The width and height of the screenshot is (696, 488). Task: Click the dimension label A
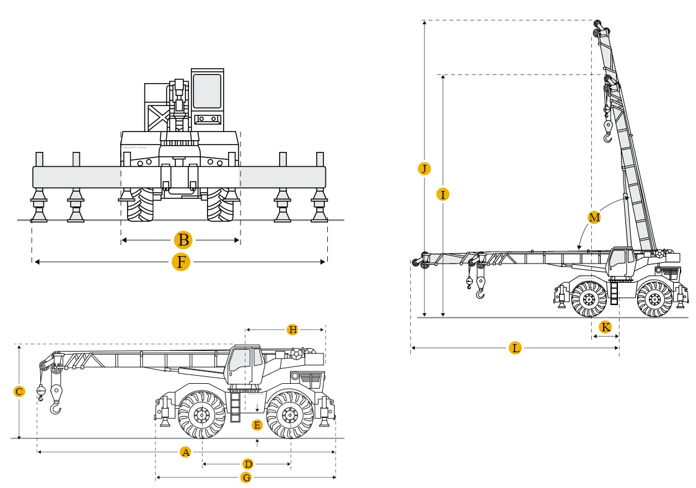pyautogui.click(x=185, y=452)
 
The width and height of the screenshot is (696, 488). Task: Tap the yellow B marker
pyautogui.click(x=182, y=240)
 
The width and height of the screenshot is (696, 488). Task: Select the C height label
pyautogui.click(x=19, y=391)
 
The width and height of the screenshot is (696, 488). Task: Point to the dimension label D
pyautogui.click(x=247, y=464)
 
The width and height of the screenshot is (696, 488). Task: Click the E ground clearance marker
pyautogui.click(x=257, y=425)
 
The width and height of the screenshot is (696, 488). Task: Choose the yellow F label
pyautogui.click(x=180, y=262)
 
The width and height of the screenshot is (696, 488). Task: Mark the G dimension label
pyautogui.click(x=246, y=478)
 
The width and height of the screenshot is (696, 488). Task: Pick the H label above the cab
pyautogui.click(x=293, y=329)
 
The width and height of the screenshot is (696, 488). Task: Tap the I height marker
pyautogui.click(x=442, y=194)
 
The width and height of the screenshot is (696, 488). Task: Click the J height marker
pyautogui.click(x=423, y=169)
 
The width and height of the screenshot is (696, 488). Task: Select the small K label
pyautogui.click(x=606, y=327)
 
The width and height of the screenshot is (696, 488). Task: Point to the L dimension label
pyautogui.click(x=515, y=348)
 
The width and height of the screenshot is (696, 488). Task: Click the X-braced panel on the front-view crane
pyautogui.click(x=159, y=117)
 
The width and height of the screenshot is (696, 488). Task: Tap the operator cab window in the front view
pyautogui.click(x=207, y=91)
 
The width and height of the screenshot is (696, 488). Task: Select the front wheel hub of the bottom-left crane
pyautogui.click(x=201, y=414)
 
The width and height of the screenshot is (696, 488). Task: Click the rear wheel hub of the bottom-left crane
pyautogui.click(x=289, y=414)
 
